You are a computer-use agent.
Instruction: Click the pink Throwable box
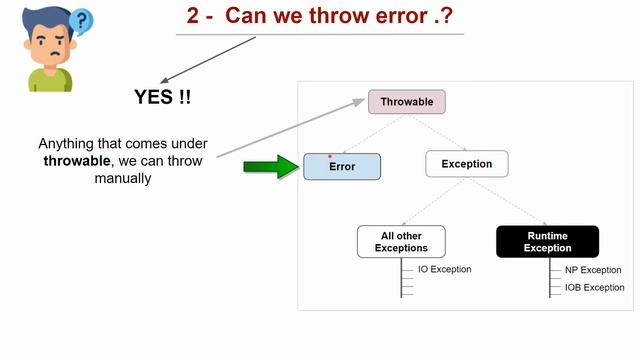pyautogui.click(x=406, y=101)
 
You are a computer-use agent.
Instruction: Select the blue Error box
pyautogui.click(x=343, y=166)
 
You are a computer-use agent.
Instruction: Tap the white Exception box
pyautogui.click(x=466, y=164)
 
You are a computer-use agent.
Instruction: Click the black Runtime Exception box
pyautogui.click(x=547, y=241)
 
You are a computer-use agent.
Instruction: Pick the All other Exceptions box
pyautogui.click(x=401, y=241)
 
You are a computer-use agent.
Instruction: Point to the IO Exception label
pyautogui.click(x=444, y=269)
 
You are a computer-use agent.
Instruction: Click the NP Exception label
pyautogui.click(x=592, y=270)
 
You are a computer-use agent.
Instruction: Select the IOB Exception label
pyautogui.click(x=594, y=287)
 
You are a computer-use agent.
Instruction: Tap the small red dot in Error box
pyautogui.click(x=330, y=156)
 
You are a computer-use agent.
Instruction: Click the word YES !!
pyautogui.click(x=163, y=97)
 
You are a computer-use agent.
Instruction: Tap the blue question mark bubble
pyautogui.click(x=82, y=19)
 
